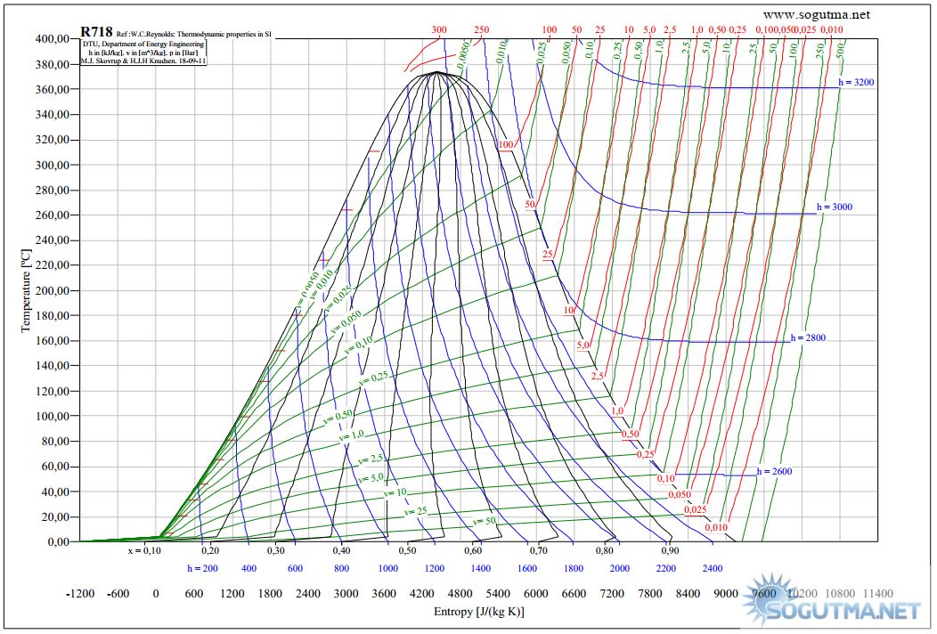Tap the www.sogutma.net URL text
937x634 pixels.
[x=816, y=14]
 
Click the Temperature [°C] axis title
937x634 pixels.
[x=27, y=290]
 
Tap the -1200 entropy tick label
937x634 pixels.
[x=83, y=593]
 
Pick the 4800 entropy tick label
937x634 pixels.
[x=460, y=593]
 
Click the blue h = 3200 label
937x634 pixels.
[x=857, y=82]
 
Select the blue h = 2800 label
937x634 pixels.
[x=809, y=338]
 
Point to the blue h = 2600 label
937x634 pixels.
[x=774, y=471]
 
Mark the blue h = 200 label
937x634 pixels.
[x=202, y=567]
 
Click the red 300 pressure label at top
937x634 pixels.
[x=439, y=29]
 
